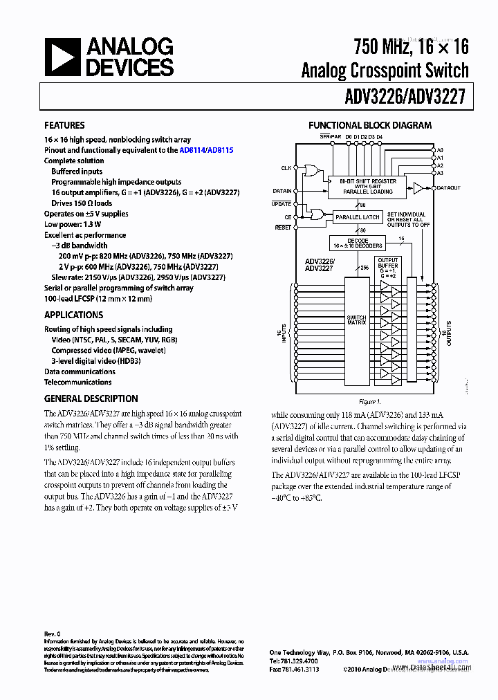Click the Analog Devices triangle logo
tap(62, 57)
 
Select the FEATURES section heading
tap(64, 125)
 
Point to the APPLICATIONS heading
tap(73, 315)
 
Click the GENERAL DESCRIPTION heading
tap(91, 398)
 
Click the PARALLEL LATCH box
tap(358, 217)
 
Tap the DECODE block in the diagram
tap(358, 242)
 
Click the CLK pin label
tap(286, 168)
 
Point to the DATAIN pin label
tap(282, 190)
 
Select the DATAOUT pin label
tap(449, 187)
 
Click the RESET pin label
tap(283, 228)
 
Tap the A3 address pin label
tap(440, 173)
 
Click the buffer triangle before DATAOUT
tap(419, 187)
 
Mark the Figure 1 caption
tap(369, 401)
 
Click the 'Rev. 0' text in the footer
tap(53, 634)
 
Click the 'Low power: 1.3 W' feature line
tap(73, 224)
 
